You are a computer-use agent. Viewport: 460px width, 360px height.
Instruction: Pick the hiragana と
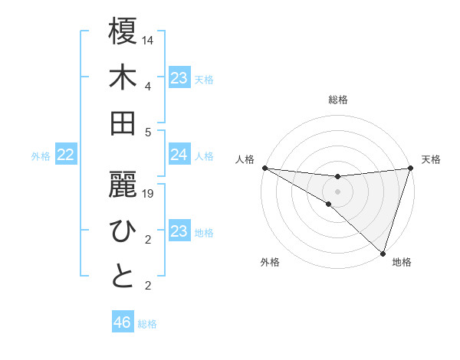coord(123,276)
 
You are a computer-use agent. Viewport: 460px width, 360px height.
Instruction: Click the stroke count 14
coord(148,40)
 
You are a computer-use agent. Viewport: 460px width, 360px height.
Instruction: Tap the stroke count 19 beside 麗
coord(148,194)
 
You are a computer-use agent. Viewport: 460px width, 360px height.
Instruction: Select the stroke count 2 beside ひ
coord(148,241)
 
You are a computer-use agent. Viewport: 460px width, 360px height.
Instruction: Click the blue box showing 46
coord(123,322)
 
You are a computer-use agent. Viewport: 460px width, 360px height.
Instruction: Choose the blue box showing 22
coord(65,155)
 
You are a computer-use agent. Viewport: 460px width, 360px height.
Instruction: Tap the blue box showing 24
coord(179,155)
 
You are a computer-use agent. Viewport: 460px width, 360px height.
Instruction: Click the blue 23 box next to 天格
coord(179,78)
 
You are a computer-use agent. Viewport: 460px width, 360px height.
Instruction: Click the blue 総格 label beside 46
coord(148,324)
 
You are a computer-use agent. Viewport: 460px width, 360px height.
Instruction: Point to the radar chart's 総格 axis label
coord(337,100)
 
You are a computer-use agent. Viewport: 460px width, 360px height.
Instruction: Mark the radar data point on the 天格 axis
coord(410,168)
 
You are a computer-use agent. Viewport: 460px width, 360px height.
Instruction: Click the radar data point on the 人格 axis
coord(264,168)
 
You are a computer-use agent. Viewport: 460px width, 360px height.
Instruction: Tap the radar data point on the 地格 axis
coord(383,253)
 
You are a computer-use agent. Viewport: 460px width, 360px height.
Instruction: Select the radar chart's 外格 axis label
coord(270,263)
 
